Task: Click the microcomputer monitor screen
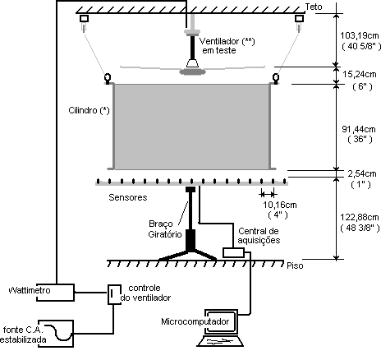[x=221, y=321]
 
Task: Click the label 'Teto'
[x=314, y=7]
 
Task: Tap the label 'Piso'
[x=295, y=265]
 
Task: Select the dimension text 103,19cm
[x=360, y=35]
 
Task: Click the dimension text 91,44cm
[x=359, y=129]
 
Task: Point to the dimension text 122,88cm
[x=360, y=217]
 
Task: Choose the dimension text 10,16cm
[x=280, y=205]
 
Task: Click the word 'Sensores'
[x=128, y=197]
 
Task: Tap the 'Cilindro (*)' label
[x=89, y=110]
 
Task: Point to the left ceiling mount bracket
[x=84, y=19]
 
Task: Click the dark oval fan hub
[x=192, y=72]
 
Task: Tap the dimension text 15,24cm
[x=360, y=74]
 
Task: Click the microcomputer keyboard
[x=220, y=341]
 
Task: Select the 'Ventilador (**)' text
[x=227, y=41]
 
